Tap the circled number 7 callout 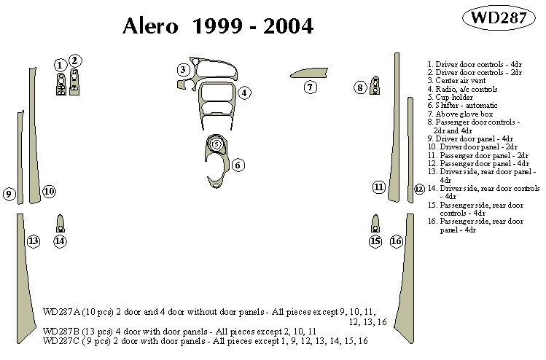(x=310, y=87)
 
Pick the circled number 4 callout (x=245, y=93)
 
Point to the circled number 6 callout (x=238, y=165)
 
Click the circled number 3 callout (x=184, y=69)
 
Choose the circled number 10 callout (x=49, y=192)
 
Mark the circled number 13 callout (x=33, y=241)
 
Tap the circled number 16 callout (x=396, y=241)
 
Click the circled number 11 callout (x=378, y=187)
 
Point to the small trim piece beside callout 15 (x=375, y=222)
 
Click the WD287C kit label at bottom (x=61, y=341)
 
